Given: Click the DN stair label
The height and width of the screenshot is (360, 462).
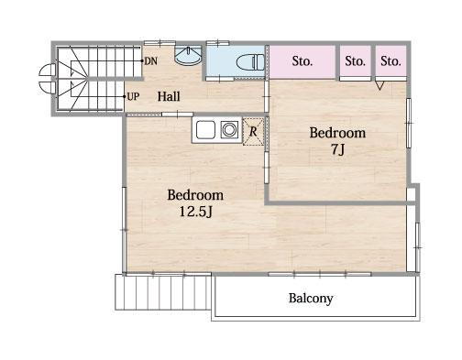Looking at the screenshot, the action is [151, 61].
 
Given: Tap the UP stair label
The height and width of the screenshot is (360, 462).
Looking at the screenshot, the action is [133, 97].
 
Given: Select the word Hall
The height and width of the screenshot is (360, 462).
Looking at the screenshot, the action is [169, 96].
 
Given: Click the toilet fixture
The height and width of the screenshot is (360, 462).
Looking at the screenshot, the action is [250, 62].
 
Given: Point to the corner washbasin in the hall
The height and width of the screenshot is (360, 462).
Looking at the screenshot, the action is [188, 55].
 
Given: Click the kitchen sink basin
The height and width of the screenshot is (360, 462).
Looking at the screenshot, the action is [205, 130].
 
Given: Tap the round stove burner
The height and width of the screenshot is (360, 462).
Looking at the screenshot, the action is [229, 130].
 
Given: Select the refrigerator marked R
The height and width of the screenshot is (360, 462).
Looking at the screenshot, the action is [253, 132].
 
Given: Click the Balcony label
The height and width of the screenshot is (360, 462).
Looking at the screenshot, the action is [311, 299].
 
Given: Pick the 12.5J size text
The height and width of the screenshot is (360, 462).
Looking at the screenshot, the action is [195, 212].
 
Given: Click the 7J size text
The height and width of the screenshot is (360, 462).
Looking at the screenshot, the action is [338, 149].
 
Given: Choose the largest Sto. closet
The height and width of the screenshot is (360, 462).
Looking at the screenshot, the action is [302, 61].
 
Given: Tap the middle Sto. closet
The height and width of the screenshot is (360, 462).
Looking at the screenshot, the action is [356, 61].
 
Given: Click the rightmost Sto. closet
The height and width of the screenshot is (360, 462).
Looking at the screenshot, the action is [390, 61].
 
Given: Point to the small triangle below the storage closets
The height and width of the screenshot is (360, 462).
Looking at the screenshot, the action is [379, 85].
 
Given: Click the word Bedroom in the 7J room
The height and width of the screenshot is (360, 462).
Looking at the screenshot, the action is [337, 133].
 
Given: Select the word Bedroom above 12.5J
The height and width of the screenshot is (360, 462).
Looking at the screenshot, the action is [195, 195].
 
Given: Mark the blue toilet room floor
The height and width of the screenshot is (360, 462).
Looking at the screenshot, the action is [235, 61].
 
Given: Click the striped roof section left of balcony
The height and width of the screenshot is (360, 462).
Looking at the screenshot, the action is [163, 292].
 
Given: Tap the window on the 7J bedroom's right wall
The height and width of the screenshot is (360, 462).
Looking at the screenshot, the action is [409, 123].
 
